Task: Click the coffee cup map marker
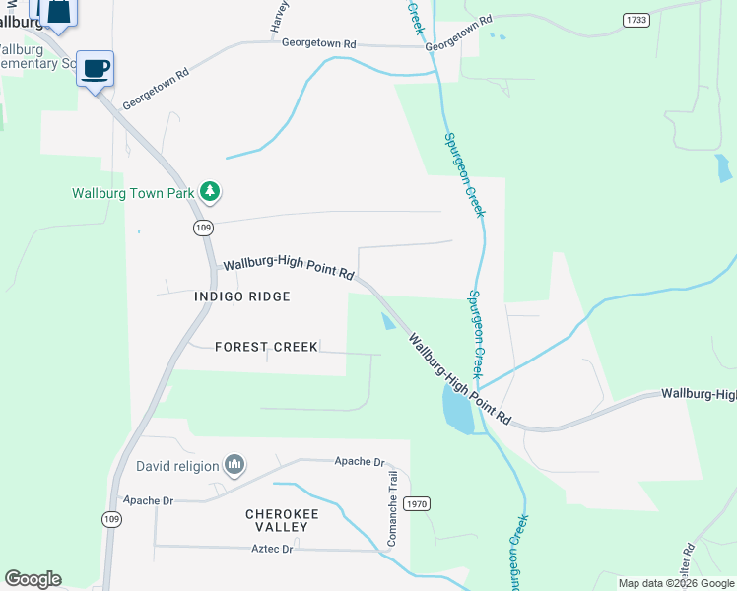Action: pos(96,69)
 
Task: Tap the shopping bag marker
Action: pos(58,11)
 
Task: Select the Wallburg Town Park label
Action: pos(133,193)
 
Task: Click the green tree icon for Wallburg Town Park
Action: pos(209,191)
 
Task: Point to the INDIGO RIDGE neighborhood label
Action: pos(242,296)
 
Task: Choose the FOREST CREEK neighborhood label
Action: pos(266,347)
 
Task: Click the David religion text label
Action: pos(177,464)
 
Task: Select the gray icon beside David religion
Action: pos(234,463)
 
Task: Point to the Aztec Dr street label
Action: pos(274,549)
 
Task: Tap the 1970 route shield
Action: pos(418,503)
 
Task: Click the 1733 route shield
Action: pos(636,19)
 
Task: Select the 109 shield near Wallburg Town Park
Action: pos(203,228)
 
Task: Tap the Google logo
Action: pos(33,579)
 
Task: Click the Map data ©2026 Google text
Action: pos(675,583)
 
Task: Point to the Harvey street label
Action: pos(280,19)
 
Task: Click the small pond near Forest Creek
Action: pos(388,322)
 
